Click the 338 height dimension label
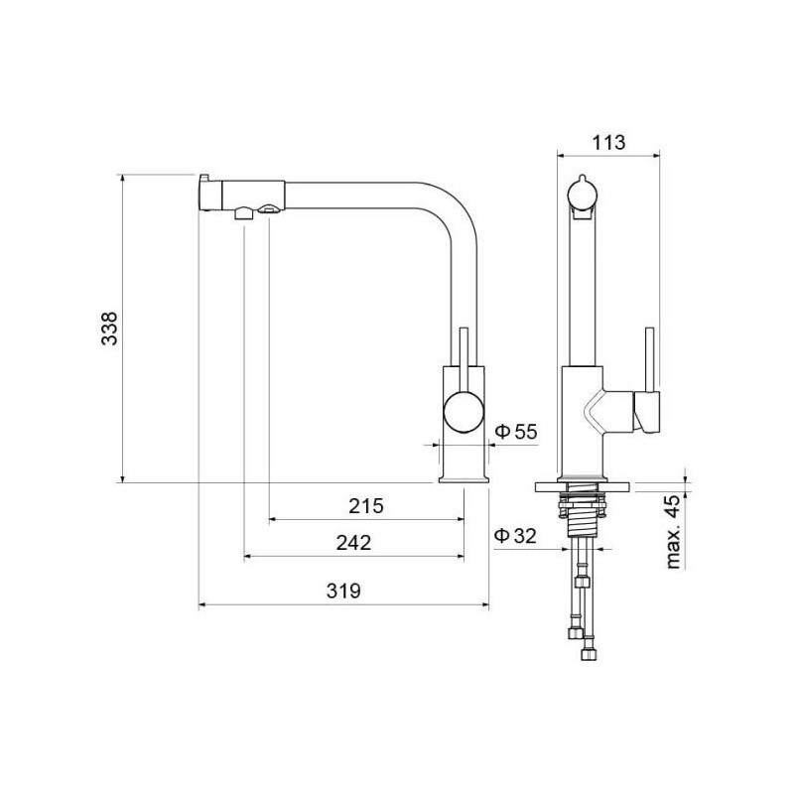coord(109,329)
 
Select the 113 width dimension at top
coord(609,143)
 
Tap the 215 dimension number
coord(366,506)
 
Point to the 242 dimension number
coord(354,543)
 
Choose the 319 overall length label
coord(343,591)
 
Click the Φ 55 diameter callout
coord(515,432)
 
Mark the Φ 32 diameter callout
coord(515,536)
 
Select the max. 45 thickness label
coord(674,532)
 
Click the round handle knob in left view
coord(463,413)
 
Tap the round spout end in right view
coord(583,194)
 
